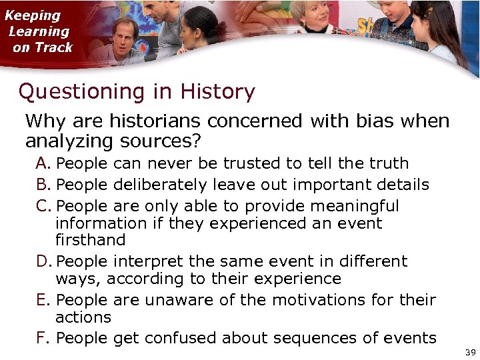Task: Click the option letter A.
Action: pos(43,163)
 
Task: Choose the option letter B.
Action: pos(43,185)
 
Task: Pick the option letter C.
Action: pos(43,206)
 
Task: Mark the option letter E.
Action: pos(43,300)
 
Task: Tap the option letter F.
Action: pos(43,338)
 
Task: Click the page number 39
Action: pos(469,352)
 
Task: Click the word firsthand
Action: pos(90,240)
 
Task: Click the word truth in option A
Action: pos(387,163)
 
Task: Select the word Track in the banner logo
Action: pos(53,47)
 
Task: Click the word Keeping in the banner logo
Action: pos(33,15)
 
